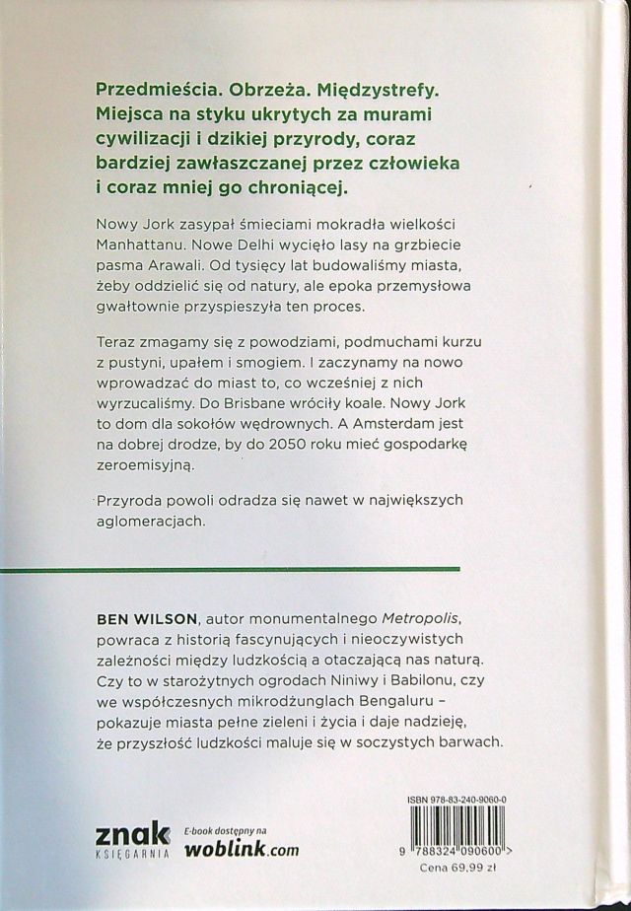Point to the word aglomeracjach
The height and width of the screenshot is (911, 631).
pos(154,525)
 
